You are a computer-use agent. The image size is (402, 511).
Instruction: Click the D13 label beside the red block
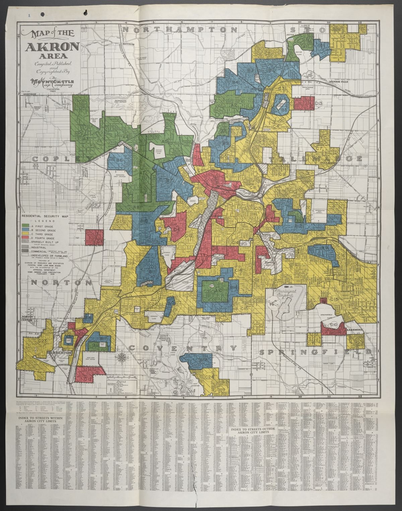tap(319, 104)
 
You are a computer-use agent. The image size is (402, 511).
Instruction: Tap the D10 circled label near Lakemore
tap(333, 324)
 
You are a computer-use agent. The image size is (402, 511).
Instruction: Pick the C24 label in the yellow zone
tap(209, 377)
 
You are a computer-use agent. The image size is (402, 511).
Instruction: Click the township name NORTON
tap(61, 282)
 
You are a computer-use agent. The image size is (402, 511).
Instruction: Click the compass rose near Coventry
tap(123, 357)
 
